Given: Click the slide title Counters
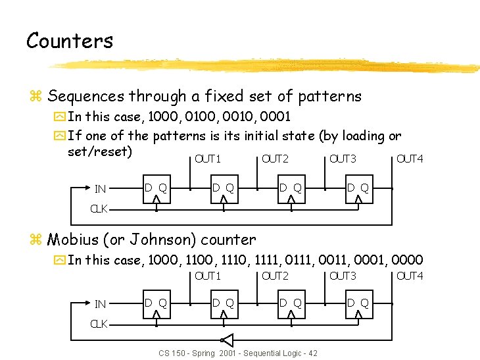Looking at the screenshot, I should [x=70, y=41].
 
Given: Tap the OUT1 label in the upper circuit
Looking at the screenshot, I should [x=208, y=159].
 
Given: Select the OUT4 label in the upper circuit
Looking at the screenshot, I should [x=410, y=159].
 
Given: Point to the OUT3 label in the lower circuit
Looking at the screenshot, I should [x=343, y=276].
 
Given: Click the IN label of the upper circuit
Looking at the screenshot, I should [x=101, y=190].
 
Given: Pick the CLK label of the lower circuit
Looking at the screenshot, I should [x=99, y=324].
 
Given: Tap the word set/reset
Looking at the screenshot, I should [x=100, y=152].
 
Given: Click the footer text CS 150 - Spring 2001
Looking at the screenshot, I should [x=198, y=353].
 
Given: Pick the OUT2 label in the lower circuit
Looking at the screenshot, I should [x=275, y=276].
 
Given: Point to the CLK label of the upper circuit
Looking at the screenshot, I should [x=99, y=209].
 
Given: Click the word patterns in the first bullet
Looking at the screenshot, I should [x=329, y=96].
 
